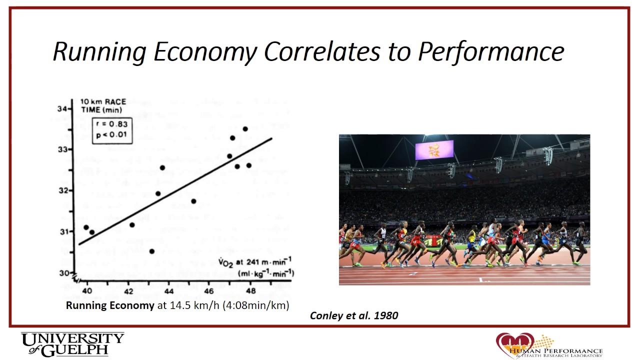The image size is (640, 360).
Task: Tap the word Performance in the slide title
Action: [x=491, y=51]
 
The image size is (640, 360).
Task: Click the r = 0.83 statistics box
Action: [x=112, y=130]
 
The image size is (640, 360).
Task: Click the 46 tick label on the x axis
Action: [x=209, y=291]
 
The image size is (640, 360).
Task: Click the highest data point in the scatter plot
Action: [x=245, y=129]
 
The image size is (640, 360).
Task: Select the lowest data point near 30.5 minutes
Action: [x=152, y=251]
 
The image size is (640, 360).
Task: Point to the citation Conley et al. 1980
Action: [x=354, y=315]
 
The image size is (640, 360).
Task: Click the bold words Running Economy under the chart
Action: [x=110, y=305]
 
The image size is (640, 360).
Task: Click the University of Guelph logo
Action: [x=72, y=344]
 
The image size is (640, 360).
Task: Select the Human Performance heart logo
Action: [x=514, y=344]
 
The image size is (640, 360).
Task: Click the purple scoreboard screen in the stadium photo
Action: [x=434, y=150]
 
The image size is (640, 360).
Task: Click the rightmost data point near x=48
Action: [x=249, y=165]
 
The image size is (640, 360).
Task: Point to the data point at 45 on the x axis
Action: [x=193, y=201]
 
